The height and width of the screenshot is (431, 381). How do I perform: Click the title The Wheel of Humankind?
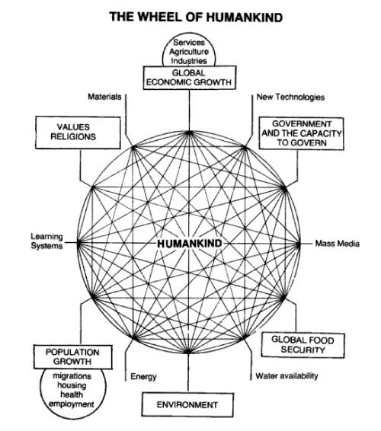coord(196,17)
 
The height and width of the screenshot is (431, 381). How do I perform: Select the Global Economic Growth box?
coord(190,78)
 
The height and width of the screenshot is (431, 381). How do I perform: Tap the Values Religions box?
coord(78,132)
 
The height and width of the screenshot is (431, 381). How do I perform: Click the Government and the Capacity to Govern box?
coord(302,133)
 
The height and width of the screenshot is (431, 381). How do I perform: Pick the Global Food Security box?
coord(303,345)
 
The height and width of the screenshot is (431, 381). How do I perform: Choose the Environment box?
coord(187,405)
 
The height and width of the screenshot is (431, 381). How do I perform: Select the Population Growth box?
coord(73,357)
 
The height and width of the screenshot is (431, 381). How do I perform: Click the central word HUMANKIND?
coord(189,244)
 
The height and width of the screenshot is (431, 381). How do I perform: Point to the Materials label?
coord(104,97)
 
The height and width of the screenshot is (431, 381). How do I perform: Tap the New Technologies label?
coord(290,97)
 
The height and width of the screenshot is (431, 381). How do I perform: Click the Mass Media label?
coord(338,244)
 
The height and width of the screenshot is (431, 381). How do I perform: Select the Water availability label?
coord(287,375)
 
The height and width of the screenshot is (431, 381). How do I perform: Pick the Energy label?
coord(143,377)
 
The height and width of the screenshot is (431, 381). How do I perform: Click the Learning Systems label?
coord(46,241)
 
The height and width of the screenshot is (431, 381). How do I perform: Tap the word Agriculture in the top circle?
coord(189,52)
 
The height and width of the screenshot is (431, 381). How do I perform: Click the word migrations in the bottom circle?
coord(72,375)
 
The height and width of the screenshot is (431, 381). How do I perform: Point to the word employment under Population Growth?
coord(72,404)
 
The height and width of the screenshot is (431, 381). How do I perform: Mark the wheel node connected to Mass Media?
coord(299,244)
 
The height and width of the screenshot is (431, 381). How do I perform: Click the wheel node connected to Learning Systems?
coord(79,243)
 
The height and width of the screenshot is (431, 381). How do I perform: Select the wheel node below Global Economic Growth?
coord(189,133)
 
